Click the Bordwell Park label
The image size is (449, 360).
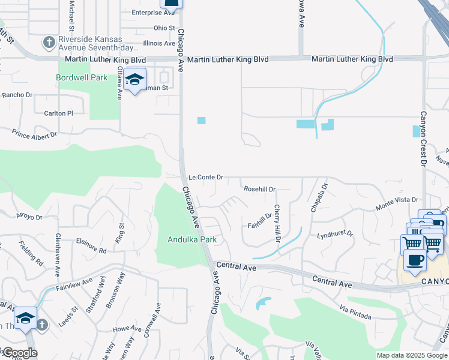pyautogui.click(x=82, y=77)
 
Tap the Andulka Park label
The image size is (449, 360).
pyautogui.click(x=191, y=240)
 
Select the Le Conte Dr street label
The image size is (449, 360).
pyautogui.click(x=206, y=178)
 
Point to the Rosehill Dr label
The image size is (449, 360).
pyautogui.click(x=259, y=189)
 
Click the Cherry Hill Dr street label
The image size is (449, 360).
pyautogui.click(x=278, y=223)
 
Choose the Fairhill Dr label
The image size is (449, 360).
pyautogui.click(x=260, y=221)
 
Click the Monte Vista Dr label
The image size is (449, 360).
pyautogui.click(x=396, y=203)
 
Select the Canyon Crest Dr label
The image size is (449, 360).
pyautogui.click(x=423, y=139)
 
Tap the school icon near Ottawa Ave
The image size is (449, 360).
pyautogui.click(x=136, y=80)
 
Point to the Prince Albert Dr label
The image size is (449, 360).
pyautogui.click(x=34, y=135)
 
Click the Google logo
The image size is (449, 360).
pyautogui.click(x=19, y=353)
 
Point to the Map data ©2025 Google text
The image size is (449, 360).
pyautogui.click(x=411, y=355)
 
